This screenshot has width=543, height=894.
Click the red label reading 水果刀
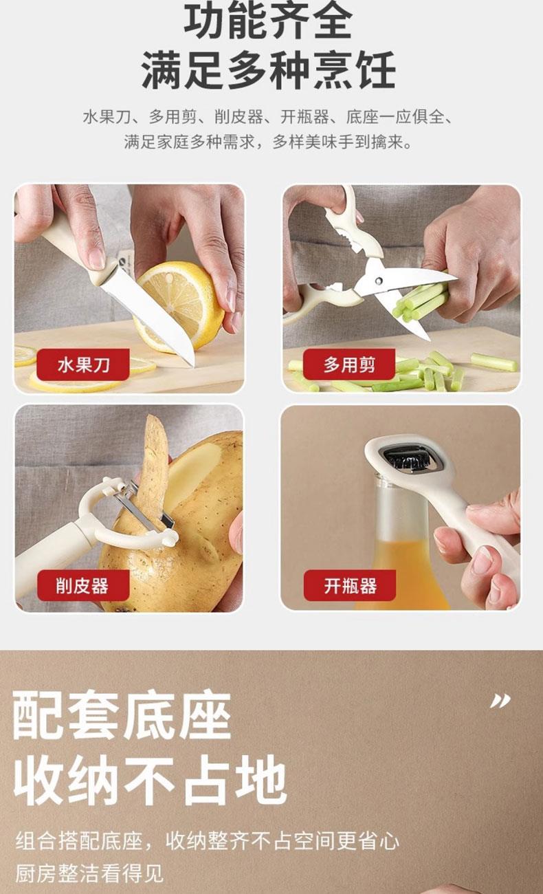pyautogui.click(x=83, y=364)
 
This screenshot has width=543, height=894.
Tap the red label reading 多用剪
pyautogui.click(x=349, y=364)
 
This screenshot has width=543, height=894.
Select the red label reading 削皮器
pyautogui.click(x=83, y=585)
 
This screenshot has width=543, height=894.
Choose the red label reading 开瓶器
pyautogui.click(x=350, y=585)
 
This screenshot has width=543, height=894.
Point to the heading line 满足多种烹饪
pyautogui.click(x=268, y=71)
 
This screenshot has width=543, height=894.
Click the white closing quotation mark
pyautogui.click(x=500, y=701)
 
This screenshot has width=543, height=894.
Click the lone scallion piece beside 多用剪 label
pyautogui.click(x=494, y=362)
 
